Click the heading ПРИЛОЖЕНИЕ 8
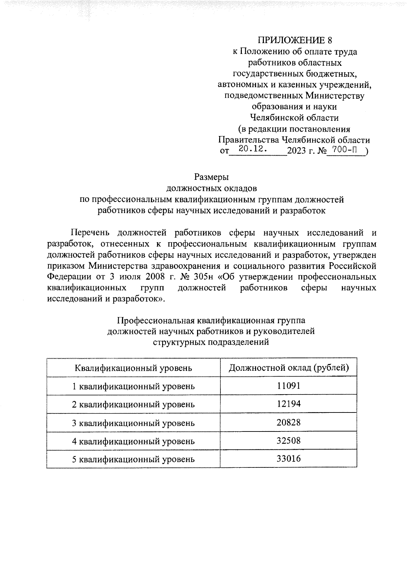[x=294, y=40]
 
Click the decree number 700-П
[x=345, y=149]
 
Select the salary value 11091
[x=288, y=386]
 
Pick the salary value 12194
[x=288, y=404]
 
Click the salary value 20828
[x=288, y=422]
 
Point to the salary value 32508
[x=288, y=441]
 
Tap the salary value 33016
[x=288, y=459]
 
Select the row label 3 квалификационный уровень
[x=134, y=423]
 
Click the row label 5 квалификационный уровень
[x=134, y=460]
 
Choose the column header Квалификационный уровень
[x=133, y=368]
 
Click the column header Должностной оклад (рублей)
[x=289, y=367]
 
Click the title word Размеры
[x=211, y=177]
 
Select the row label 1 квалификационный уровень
[x=134, y=386]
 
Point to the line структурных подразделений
[x=211, y=342]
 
